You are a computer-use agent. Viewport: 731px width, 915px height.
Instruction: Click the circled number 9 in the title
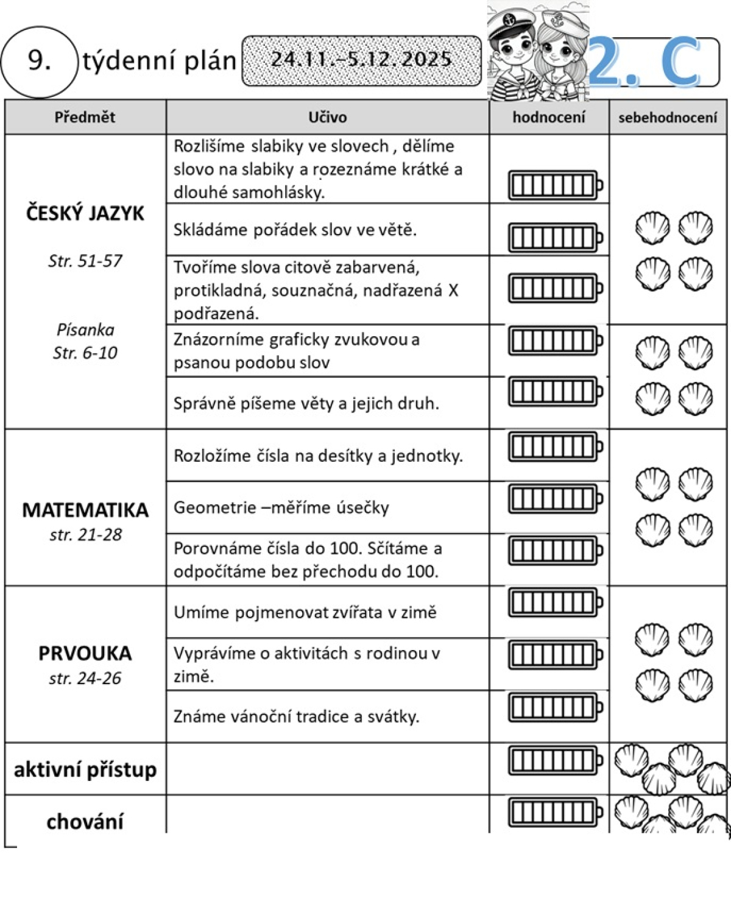click(x=40, y=61)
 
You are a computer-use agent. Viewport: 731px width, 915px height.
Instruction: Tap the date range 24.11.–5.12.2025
click(x=361, y=60)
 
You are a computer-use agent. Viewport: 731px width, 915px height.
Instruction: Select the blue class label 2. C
click(x=646, y=61)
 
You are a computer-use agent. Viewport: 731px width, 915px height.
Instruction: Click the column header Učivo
click(x=327, y=117)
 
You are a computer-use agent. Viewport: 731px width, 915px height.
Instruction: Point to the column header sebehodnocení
click(x=668, y=118)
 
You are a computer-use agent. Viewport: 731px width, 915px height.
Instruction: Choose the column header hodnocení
click(x=549, y=117)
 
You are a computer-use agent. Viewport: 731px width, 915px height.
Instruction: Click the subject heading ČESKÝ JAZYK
click(x=85, y=214)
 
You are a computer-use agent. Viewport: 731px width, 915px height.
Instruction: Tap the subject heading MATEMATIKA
click(x=85, y=510)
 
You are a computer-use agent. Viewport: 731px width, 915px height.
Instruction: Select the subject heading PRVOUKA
click(x=85, y=653)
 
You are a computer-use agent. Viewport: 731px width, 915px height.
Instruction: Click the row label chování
click(x=85, y=822)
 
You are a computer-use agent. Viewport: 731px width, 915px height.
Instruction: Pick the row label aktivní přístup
click(x=85, y=769)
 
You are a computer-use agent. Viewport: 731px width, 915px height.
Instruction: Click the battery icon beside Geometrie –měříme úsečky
click(x=555, y=500)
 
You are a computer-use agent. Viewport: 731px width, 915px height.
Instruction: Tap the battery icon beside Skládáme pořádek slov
click(x=555, y=238)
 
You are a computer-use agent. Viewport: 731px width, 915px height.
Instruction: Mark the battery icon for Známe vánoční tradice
click(x=555, y=708)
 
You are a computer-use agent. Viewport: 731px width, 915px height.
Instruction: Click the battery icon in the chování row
click(x=555, y=812)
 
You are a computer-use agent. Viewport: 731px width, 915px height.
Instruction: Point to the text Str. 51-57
click(x=85, y=261)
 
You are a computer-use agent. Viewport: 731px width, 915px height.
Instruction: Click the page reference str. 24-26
click(x=85, y=678)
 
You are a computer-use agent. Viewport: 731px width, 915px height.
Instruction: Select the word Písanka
click(x=85, y=330)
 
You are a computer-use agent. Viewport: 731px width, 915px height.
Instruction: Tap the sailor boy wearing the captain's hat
click(x=512, y=52)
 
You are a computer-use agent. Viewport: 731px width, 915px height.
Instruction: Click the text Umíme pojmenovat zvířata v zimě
click(x=305, y=612)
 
